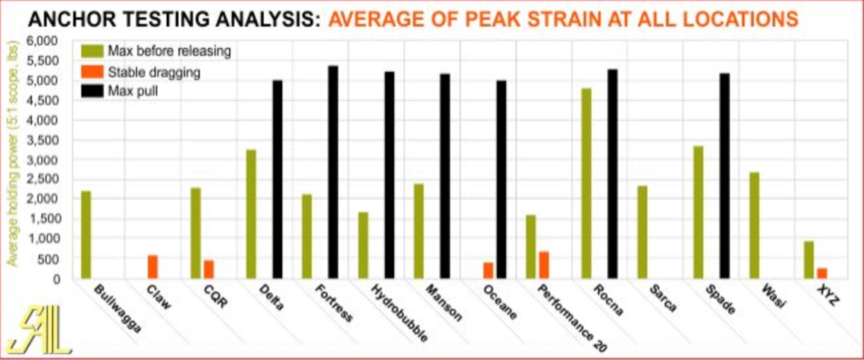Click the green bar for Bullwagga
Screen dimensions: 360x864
coord(85,234)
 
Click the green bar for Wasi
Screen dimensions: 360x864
coord(754,225)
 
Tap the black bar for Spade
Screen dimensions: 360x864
coord(724,175)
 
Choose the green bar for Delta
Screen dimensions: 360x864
coord(251,214)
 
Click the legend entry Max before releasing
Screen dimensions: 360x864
coord(169,51)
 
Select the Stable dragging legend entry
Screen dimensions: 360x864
coord(154,72)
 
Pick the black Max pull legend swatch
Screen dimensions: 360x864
coord(92,91)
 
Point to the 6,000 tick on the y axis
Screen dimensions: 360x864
coord(43,41)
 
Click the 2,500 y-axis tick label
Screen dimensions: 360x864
coord(43,179)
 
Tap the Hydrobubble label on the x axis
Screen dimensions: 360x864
coord(399,313)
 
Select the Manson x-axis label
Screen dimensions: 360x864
coord(444,303)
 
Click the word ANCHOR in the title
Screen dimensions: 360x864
coord(72,19)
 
